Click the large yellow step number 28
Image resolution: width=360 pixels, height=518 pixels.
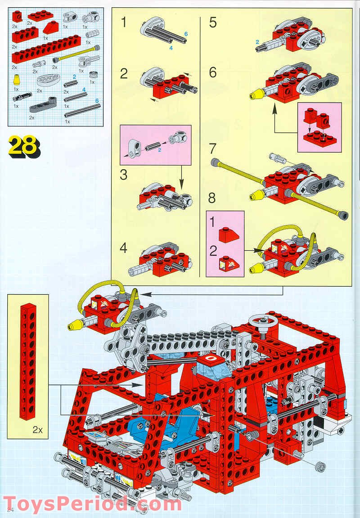point(24,146)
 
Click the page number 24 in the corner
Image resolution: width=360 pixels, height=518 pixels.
point(10,509)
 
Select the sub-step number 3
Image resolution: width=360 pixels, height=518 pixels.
point(123,175)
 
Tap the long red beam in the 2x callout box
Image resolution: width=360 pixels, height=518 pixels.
point(28,361)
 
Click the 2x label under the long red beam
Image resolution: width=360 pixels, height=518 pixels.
point(38,430)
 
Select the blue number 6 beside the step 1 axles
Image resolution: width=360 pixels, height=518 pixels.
point(186,34)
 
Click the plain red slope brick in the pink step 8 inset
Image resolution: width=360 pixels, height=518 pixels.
point(226,235)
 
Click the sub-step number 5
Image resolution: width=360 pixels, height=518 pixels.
point(213,23)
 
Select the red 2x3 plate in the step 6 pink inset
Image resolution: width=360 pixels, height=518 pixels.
point(319,138)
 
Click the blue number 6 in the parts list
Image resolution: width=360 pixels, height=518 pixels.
point(97,101)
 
